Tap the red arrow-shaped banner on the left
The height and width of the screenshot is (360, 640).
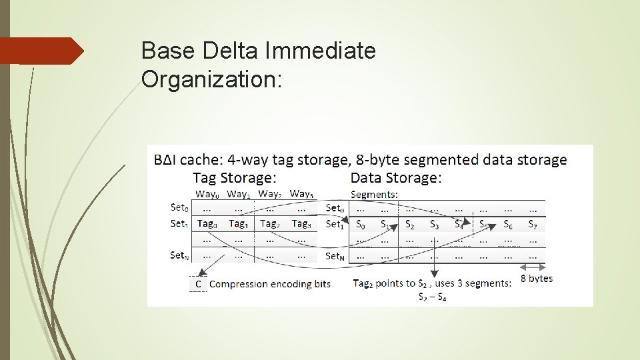(41, 51)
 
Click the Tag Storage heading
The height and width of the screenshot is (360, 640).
(234, 177)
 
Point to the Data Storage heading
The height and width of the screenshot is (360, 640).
(396, 177)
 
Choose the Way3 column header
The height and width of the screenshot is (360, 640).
(301, 193)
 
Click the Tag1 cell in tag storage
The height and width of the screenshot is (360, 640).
(237, 224)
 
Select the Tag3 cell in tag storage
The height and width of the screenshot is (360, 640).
(301, 224)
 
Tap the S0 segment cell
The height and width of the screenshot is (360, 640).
(361, 225)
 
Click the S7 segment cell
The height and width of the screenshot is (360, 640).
(533, 225)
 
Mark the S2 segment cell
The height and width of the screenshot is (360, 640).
(409, 225)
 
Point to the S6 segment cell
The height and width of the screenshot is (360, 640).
(508, 225)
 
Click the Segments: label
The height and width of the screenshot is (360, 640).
(374, 194)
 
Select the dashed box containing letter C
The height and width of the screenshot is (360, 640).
(198, 284)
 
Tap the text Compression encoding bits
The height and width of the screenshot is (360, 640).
(270, 284)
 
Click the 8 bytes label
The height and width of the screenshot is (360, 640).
(537, 278)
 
